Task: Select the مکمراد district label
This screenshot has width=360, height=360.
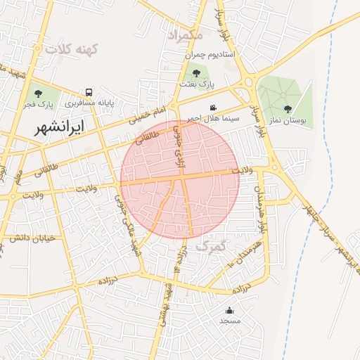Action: coord(185,34)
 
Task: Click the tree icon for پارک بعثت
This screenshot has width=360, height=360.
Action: coord(196,72)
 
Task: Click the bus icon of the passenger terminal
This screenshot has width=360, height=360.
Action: coord(89,92)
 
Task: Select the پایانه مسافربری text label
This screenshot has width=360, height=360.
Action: coord(89,103)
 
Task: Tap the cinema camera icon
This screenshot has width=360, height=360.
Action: coord(212,107)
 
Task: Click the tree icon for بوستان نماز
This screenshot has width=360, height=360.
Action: coord(288,108)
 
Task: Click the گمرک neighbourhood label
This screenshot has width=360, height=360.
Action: coord(210,247)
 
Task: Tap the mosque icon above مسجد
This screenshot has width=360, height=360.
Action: coord(230,310)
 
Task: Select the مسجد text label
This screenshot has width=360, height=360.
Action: coord(230,321)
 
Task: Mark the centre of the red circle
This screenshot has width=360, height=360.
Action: coord(180,179)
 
